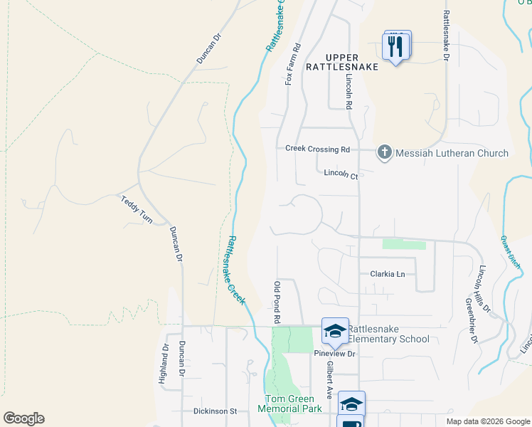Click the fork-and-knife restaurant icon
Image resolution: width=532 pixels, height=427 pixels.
coord(397,47)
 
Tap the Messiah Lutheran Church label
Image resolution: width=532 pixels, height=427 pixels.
coord(452,153)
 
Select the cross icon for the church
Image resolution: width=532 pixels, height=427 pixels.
coord(384,152)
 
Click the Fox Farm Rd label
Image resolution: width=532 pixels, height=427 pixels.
coord(289,65)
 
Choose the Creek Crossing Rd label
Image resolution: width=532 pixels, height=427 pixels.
coord(317,149)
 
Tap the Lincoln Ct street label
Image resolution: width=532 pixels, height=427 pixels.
coord(340,173)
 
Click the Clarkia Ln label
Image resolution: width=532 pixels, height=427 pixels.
coord(387,274)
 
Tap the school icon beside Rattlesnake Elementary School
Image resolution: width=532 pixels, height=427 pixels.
coord(335,330)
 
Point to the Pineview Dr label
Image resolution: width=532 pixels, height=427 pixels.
coord(334,353)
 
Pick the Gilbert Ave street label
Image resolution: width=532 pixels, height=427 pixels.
coord(330,379)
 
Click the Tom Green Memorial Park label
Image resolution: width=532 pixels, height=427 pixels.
coord(293,404)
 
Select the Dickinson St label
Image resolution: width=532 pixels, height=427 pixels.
coord(215,411)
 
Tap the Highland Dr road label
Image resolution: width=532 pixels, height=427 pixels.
coord(163,364)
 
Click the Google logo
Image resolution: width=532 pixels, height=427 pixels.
coord(23,418)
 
